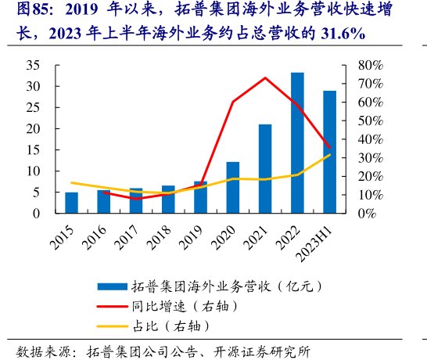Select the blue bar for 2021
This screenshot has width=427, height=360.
click(x=265, y=168)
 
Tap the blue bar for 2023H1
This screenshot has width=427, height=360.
click(x=329, y=152)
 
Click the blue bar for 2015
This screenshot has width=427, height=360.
click(x=72, y=202)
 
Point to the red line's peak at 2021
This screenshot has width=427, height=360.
click(x=265, y=78)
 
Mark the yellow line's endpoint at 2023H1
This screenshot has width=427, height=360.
click(x=329, y=155)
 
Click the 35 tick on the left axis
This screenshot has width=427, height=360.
click(x=34, y=65)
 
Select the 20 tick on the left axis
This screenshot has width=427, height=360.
click(x=34, y=128)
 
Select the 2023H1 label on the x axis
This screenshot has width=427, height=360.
click(x=321, y=239)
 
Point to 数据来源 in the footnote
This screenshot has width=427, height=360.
click(x=44, y=349)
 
